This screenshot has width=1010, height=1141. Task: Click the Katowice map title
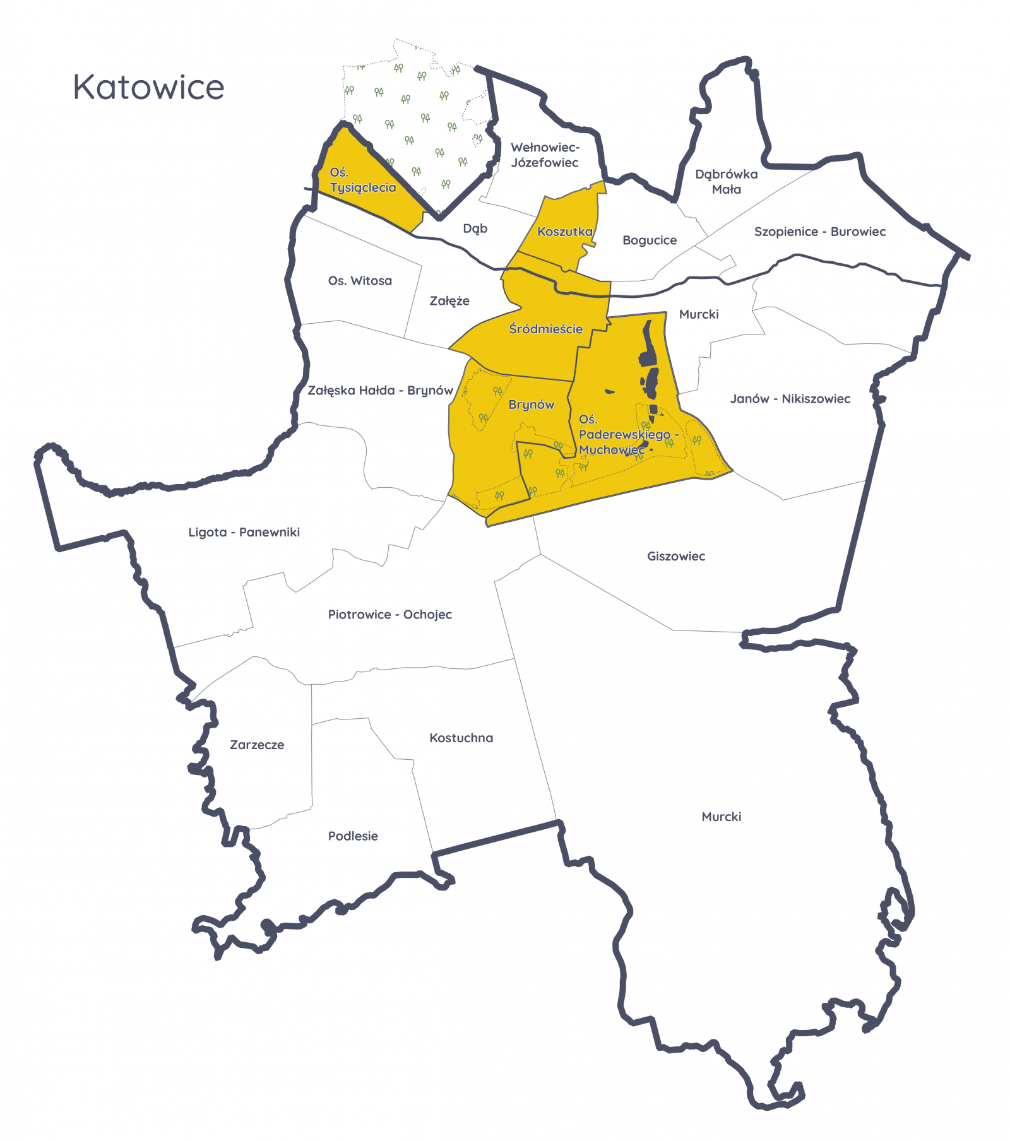tap(148, 87)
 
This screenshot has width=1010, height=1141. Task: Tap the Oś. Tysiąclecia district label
tap(362, 180)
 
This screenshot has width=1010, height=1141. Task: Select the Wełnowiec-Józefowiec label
tap(545, 155)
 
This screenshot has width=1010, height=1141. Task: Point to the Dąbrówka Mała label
tap(726, 182)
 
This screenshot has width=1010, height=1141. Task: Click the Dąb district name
tap(475, 228)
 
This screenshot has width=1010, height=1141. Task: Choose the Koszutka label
tap(565, 232)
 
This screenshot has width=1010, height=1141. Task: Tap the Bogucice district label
tap(649, 240)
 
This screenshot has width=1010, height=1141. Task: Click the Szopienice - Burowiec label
tap(819, 232)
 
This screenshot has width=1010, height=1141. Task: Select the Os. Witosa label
tap(360, 281)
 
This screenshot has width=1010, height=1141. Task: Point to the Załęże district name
tap(449, 301)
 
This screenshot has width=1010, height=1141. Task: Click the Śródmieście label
tap(546, 329)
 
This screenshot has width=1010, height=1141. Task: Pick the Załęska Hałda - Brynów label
tap(380, 390)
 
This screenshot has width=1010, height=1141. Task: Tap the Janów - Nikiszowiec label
tap(790, 399)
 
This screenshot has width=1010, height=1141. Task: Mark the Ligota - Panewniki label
tap(244, 532)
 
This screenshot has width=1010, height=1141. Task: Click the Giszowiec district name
tap(675, 556)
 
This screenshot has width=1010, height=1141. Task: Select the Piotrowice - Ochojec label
tap(389, 615)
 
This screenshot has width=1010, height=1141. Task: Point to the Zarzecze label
tap(256, 745)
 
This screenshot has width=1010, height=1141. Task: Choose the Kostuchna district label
tap(461, 738)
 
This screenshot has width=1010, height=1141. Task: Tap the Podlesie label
tap(353, 836)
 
